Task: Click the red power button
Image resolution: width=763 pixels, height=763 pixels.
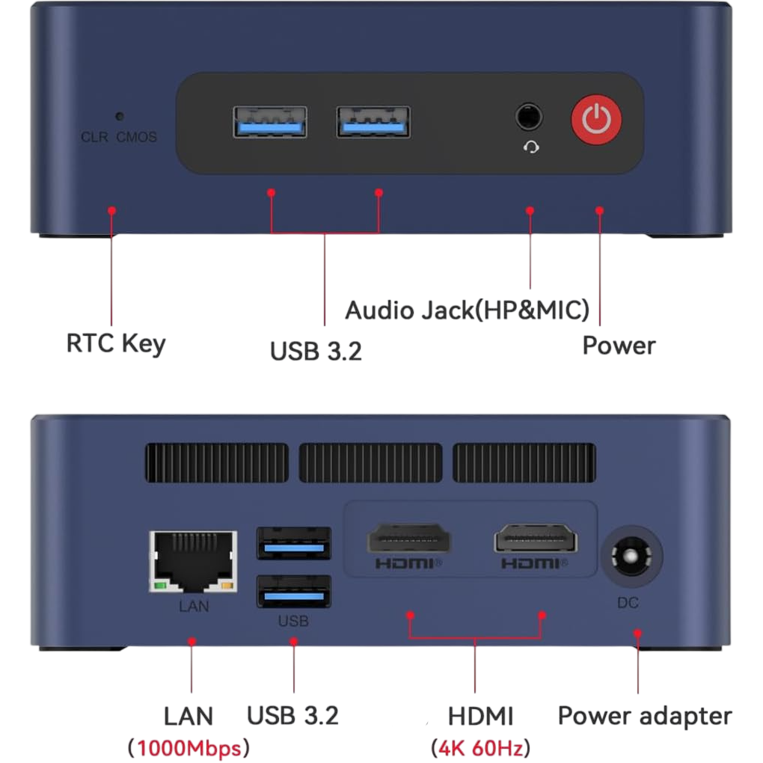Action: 596,119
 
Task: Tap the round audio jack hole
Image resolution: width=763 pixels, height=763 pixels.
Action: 528,117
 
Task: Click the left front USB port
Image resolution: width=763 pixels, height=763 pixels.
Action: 270,122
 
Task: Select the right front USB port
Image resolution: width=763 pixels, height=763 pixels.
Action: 373,122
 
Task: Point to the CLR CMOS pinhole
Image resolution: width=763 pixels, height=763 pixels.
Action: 119,116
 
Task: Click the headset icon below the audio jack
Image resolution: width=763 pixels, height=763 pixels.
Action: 531,147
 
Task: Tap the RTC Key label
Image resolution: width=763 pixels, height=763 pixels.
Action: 116,344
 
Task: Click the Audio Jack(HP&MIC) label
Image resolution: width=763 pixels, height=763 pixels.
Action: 467,310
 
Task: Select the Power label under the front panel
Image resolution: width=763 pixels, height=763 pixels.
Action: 619,346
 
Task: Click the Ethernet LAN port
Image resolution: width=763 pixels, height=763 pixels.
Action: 193,562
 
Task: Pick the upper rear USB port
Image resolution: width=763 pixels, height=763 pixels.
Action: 294,543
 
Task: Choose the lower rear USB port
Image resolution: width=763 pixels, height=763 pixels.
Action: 294,591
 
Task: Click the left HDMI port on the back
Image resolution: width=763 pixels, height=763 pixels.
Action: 408,538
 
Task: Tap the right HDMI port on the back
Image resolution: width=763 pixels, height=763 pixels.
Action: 536,538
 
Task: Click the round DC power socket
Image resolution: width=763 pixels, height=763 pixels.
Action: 631,557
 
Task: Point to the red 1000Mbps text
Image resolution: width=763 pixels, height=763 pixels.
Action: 189,748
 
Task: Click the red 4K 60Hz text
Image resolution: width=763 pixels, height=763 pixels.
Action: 481,748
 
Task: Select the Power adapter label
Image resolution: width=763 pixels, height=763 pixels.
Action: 645,717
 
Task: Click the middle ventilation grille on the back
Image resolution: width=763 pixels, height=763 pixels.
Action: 371,463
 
